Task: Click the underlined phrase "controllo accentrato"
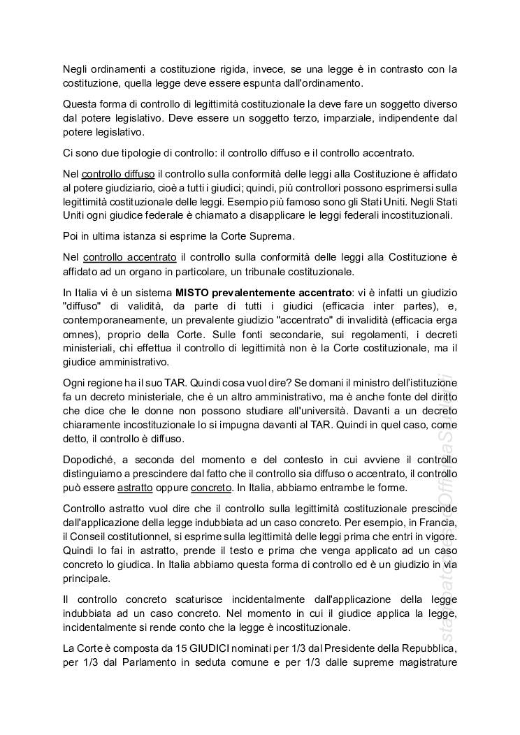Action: (127, 257)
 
